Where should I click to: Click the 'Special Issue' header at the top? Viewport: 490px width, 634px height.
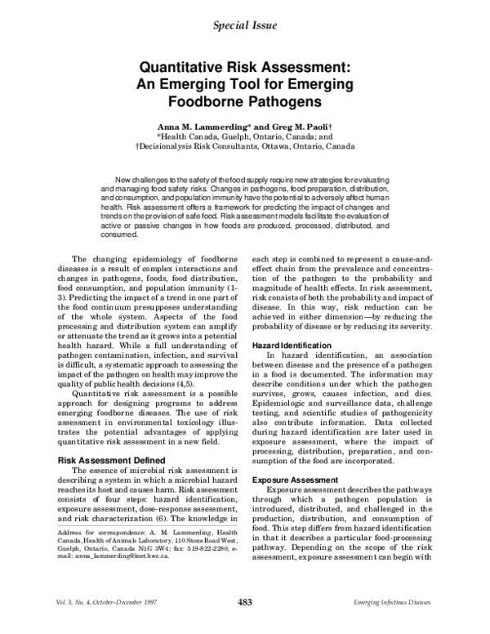pyautogui.click(x=244, y=25)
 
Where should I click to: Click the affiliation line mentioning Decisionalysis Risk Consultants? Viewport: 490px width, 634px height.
pyautogui.click(x=245, y=148)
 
